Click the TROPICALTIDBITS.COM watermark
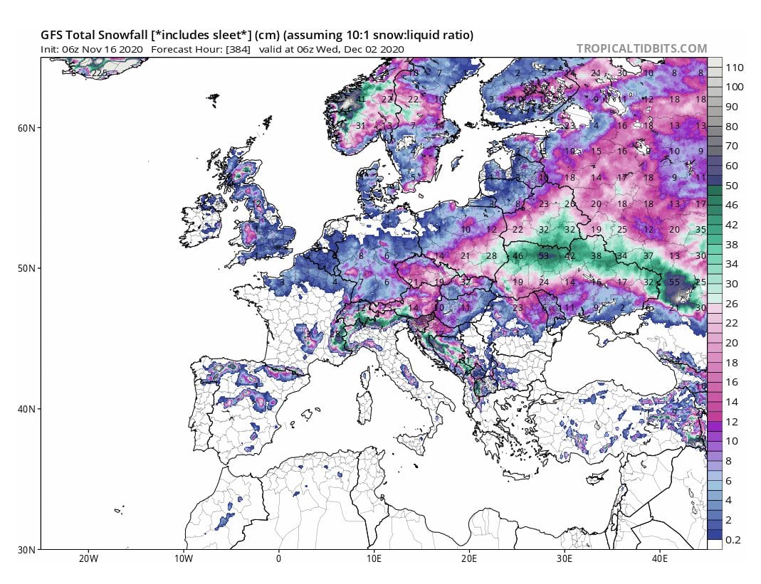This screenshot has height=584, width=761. click(x=641, y=48)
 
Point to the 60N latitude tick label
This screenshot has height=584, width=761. click(x=28, y=128)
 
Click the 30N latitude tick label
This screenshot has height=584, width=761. click(x=28, y=550)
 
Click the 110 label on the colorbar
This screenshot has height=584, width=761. click(x=734, y=67)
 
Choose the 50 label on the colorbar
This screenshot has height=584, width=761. click(x=732, y=186)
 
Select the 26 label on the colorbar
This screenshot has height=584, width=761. click(x=732, y=304)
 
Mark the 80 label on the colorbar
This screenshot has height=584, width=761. click(x=732, y=127)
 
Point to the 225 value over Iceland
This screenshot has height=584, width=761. click(x=99, y=73)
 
